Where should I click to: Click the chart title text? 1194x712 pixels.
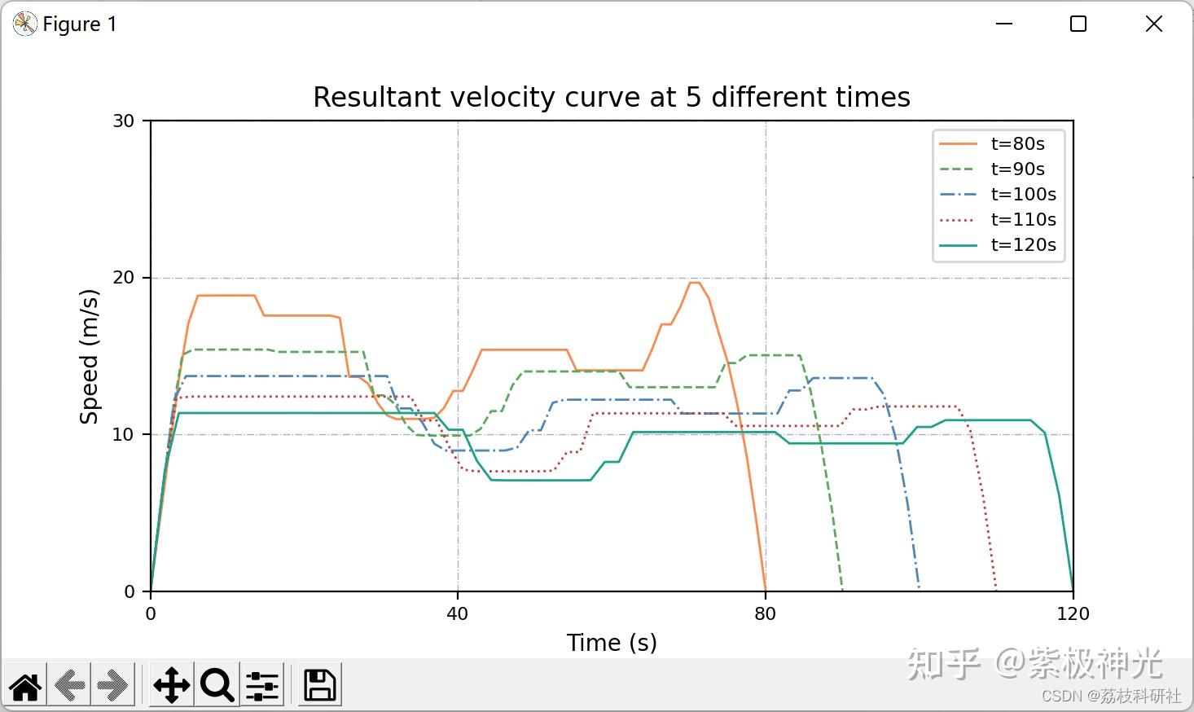coord(612,97)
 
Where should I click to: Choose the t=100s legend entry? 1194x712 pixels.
coord(998,194)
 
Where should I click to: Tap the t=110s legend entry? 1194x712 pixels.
coord(998,219)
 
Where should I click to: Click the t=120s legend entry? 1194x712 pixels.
coord(998,244)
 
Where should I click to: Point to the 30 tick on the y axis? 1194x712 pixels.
coord(123,121)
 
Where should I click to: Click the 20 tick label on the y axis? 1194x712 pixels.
coord(123,278)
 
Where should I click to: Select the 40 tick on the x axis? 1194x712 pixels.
coord(458,614)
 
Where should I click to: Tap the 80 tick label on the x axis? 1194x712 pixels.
coord(766,614)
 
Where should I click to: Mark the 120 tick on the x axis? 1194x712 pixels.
coord(1073,614)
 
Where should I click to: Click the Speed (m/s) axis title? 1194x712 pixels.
coord(89,357)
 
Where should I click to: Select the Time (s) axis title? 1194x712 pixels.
coord(612,643)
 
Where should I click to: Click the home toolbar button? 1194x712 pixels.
coord(25,685)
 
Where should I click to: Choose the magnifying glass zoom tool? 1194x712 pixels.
coord(217,685)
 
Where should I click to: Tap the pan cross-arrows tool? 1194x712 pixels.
coord(172,685)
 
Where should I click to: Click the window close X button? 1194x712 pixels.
coord(1154,24)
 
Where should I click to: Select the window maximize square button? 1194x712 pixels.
coord(1078,24)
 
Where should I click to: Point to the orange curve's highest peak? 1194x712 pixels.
coord(695,283)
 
